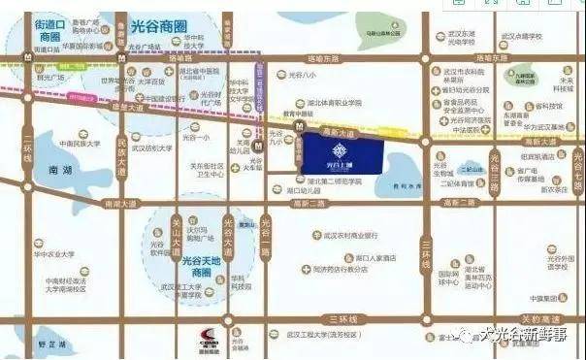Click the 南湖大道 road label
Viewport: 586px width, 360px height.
pyautogui.click(x=126, y=203)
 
